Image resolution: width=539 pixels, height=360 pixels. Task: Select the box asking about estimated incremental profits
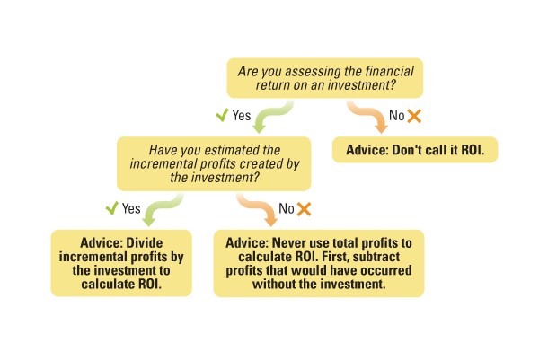[214, 163]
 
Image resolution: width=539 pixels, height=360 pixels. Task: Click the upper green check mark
[221, 116]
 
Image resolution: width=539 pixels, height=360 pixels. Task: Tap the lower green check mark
[112, 208]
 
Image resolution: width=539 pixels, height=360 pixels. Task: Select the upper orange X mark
[414, 116]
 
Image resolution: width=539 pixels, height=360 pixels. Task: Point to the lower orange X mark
[304, 209]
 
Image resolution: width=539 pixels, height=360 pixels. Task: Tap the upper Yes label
[242, 116]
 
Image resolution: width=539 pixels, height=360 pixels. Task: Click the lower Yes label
[132, 208]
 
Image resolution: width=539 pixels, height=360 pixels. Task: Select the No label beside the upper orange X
[396, 116]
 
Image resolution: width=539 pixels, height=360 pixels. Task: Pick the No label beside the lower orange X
[287, 209]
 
